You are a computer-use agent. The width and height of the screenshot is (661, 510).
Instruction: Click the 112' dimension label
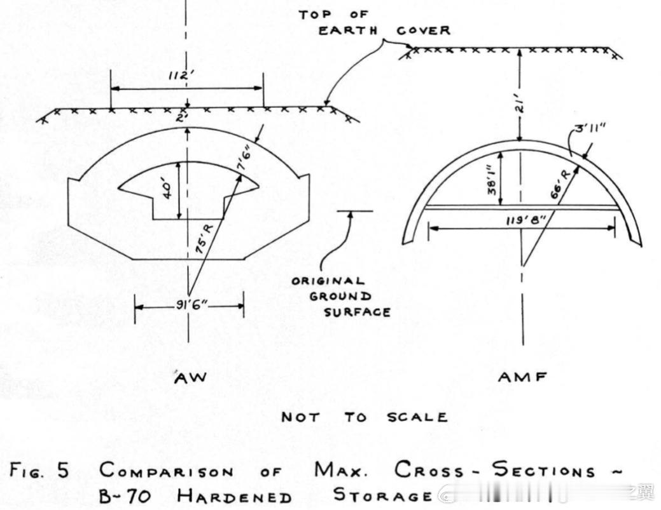186,76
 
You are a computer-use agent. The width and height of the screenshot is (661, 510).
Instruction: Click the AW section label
190,378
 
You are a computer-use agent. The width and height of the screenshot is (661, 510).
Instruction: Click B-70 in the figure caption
125,495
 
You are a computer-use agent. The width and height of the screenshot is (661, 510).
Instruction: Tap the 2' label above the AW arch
183,117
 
